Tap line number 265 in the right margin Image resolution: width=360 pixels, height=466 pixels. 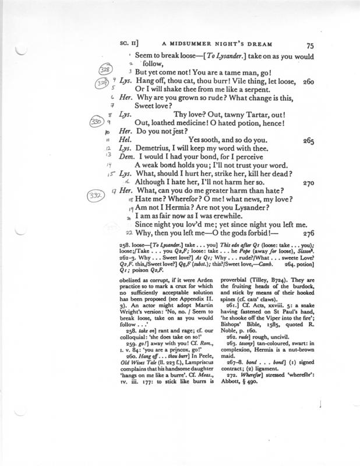(310, 140)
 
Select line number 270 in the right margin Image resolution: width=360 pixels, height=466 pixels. (309, 182)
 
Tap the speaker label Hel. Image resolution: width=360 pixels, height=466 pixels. (126, 140)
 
